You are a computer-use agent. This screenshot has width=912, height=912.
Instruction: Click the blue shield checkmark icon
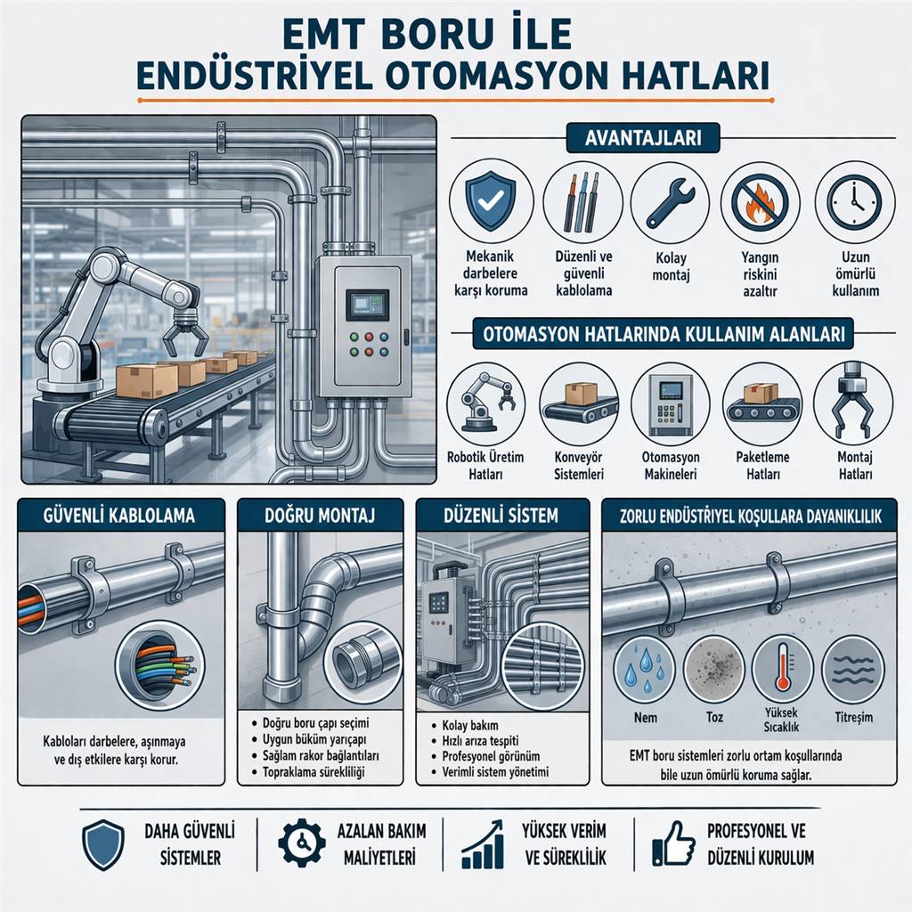(491, 200)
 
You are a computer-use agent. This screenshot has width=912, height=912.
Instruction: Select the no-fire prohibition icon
(761, 202)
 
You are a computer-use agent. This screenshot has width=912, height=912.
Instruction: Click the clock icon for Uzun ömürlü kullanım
(854, 202)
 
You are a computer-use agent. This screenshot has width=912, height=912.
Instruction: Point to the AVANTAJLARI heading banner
(643, 138)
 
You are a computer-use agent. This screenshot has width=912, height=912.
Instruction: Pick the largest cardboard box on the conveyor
(147, 381)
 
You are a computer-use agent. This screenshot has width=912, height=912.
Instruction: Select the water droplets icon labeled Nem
(646, 669)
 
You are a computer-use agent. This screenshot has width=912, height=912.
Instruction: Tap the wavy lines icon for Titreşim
(852, 670)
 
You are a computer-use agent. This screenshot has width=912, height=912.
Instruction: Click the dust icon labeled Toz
(713, 668)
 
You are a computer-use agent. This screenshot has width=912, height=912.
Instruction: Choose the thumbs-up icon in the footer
(673, 844)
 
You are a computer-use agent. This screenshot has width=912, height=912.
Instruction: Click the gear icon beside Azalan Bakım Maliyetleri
(301, 843)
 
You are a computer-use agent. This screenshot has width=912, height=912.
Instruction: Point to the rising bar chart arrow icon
(482, 844)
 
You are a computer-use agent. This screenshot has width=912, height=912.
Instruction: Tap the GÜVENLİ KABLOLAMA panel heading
(119, 516)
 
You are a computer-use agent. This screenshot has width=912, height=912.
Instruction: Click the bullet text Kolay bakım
(470, 725)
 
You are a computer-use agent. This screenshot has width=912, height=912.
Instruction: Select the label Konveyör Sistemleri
(579, 465)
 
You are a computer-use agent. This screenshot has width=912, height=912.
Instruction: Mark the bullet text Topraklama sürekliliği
(313, 772)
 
